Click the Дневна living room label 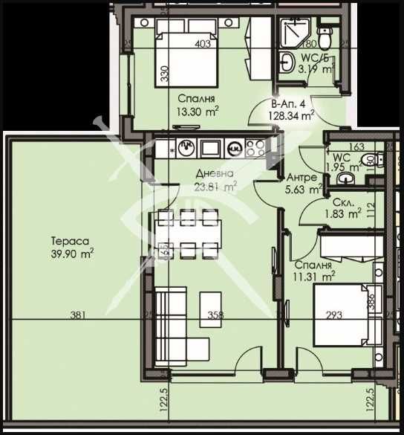click(x=211, y=175)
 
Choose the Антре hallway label click(x=303, y=178)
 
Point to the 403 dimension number click(x=203, y=44)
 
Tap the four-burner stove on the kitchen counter click(x=256, y=146)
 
